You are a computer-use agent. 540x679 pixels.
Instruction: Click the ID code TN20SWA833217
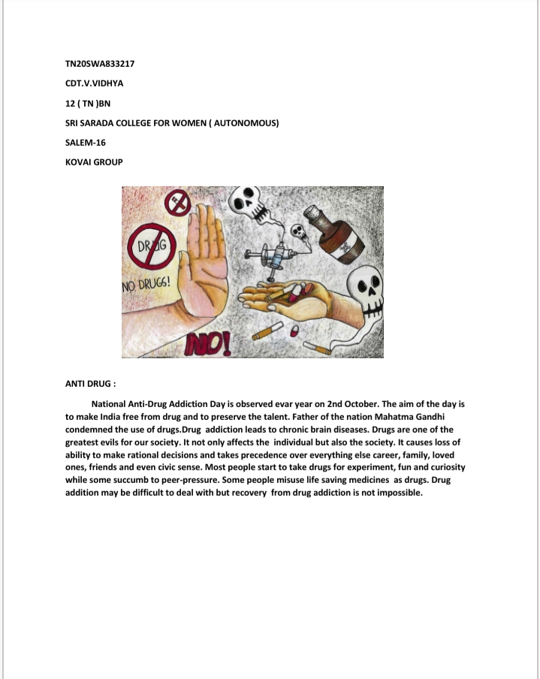click(100, 63)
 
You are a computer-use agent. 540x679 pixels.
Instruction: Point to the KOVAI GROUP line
click(94, 161)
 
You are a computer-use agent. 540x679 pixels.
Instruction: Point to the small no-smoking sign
click(179, 201)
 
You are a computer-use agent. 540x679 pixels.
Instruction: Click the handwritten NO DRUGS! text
click(146, 286)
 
